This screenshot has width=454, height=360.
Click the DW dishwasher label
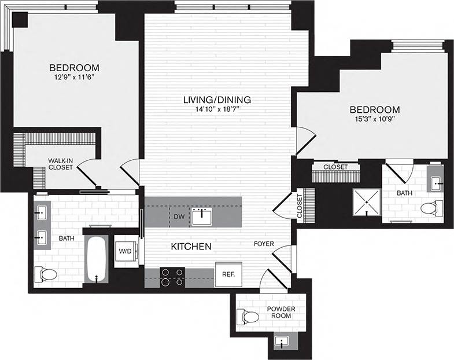(179, 216)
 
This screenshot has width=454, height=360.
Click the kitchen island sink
(202, 216)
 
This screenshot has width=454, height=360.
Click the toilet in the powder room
(248, 317)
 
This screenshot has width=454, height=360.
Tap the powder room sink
(282, 341)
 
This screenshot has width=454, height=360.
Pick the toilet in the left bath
(44, 274)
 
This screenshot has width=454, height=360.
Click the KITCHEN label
(191, 247)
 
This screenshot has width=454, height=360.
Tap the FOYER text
(263, 244)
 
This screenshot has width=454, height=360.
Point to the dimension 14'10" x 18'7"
(217, 111)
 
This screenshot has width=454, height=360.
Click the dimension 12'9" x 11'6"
(73, 77)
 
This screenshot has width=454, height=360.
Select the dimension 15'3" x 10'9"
(375, 120)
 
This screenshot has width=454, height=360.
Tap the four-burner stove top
(172, 277)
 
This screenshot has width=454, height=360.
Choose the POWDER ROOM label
(281, 313)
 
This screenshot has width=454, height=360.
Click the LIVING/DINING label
(217, 100)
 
